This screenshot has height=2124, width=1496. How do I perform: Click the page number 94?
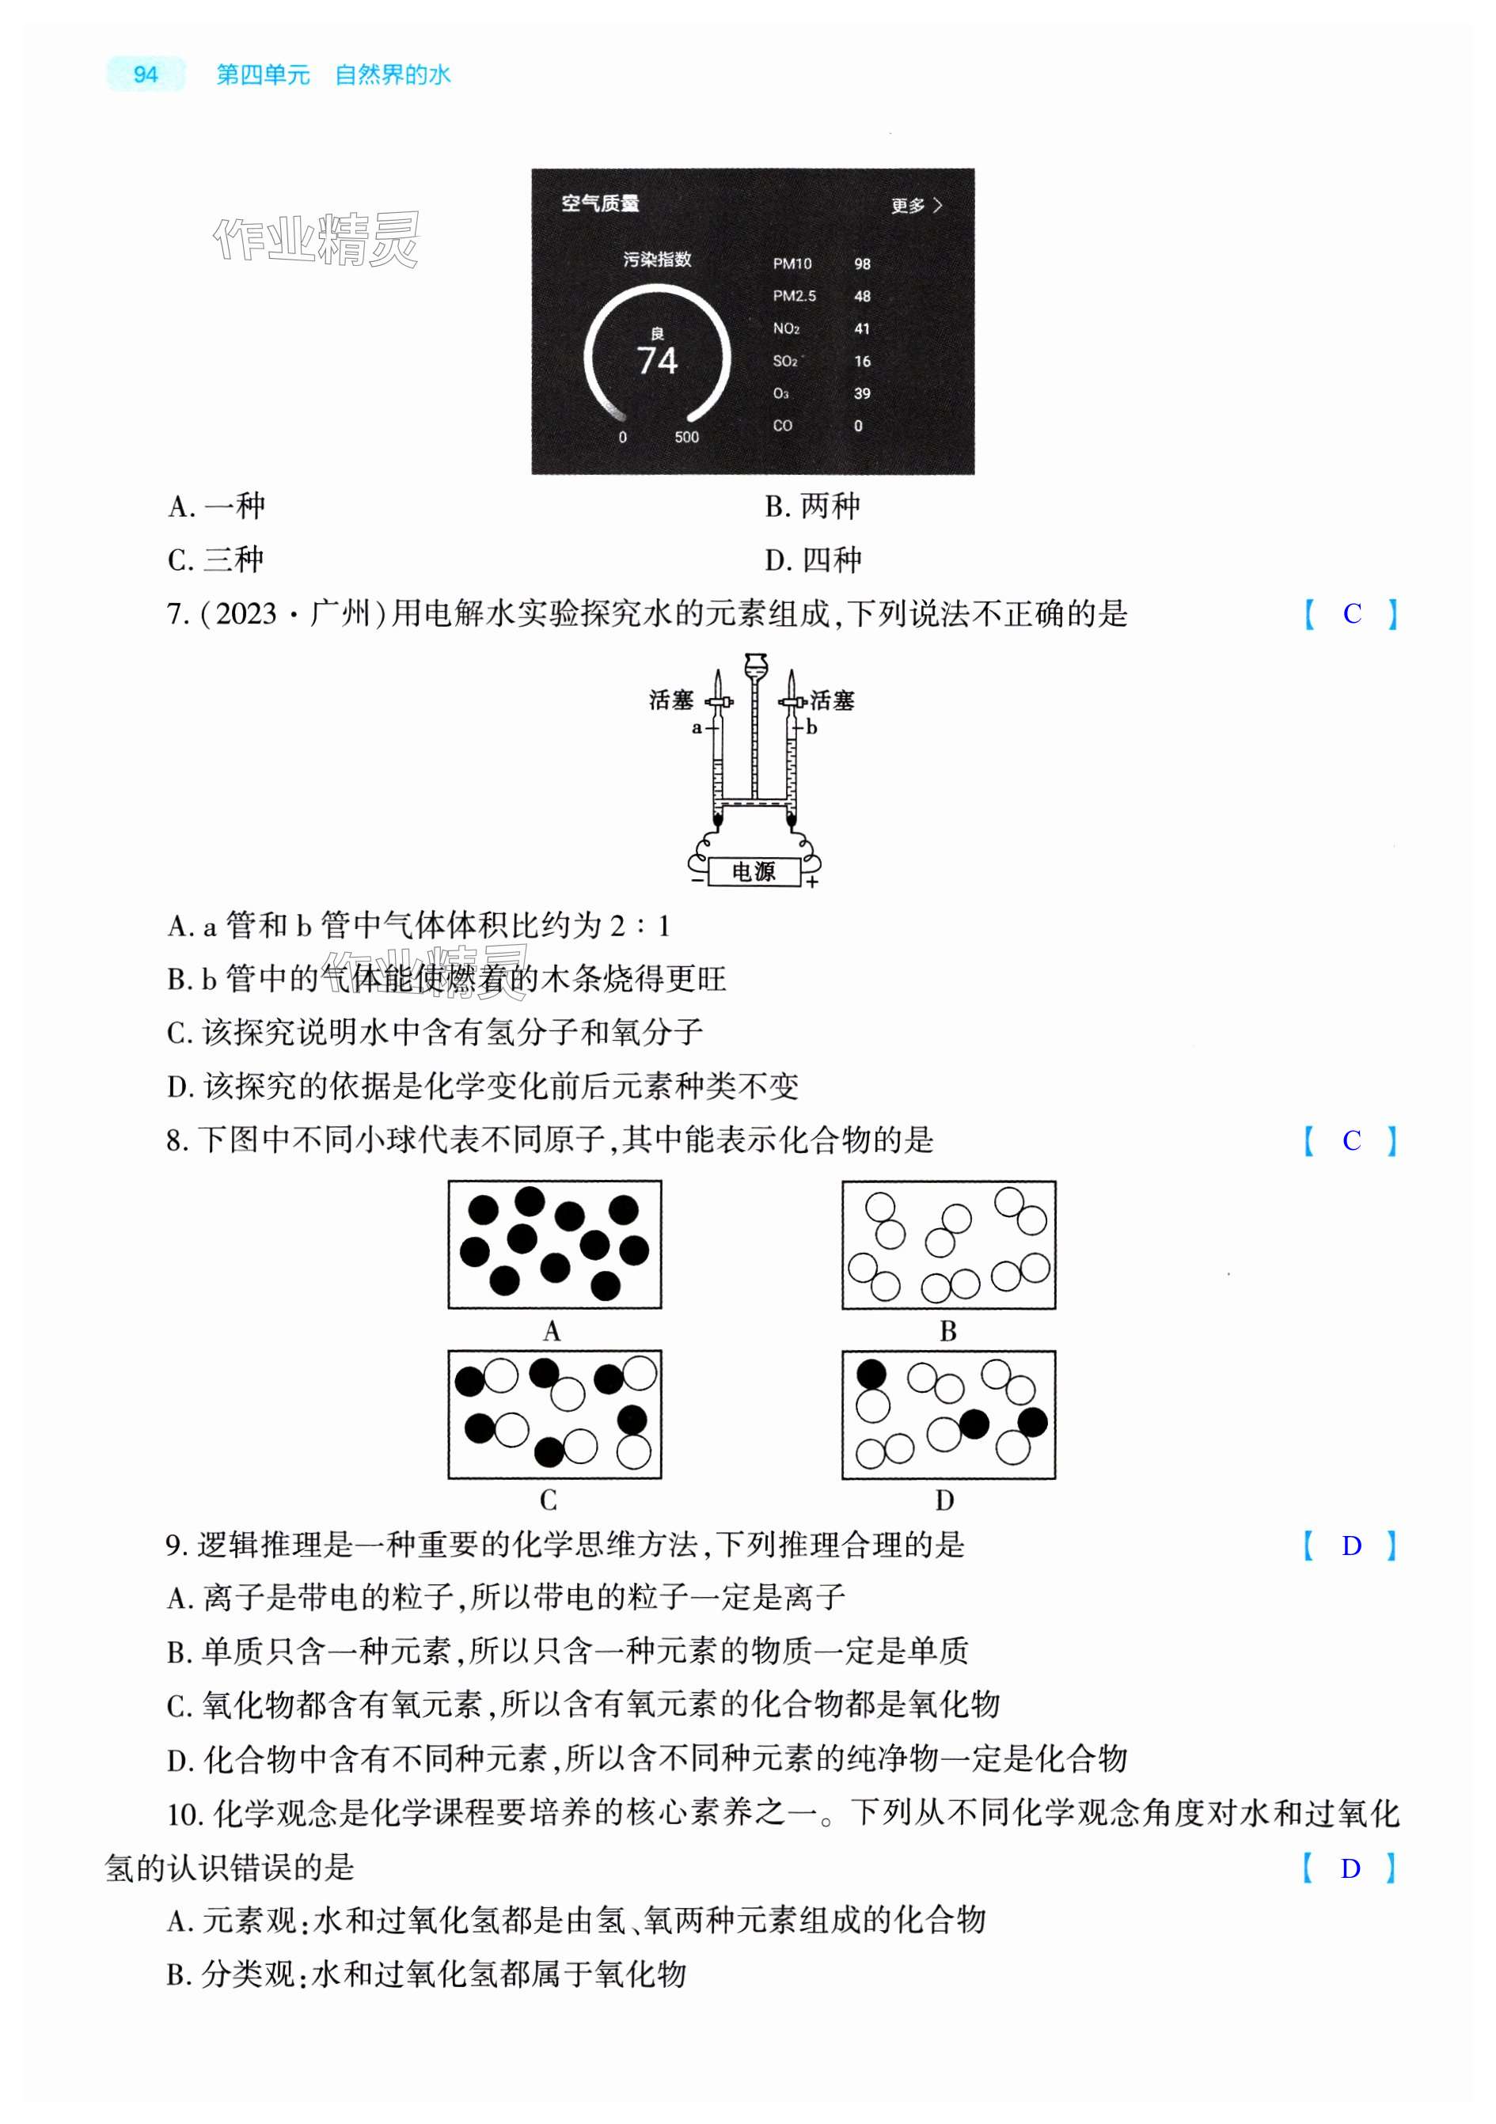tap(146, 75)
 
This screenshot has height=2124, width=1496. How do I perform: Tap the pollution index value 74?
tap(657, 361)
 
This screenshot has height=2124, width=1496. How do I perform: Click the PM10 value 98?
tap(861, 264)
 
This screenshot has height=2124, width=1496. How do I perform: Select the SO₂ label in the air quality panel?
tap(784, 362)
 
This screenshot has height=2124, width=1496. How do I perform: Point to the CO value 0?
tap(858, 427)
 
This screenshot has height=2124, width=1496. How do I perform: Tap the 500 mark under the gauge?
tap(686, 438)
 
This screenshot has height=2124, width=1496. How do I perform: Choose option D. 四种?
tap(812, 560)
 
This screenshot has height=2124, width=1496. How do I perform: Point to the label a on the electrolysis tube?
tap(697, 728)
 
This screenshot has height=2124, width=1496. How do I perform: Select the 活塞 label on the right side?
tap(832, 701)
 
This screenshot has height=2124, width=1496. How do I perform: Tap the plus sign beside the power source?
tap(812, 882)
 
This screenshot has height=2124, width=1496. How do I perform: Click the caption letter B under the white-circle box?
tap(947, 1331)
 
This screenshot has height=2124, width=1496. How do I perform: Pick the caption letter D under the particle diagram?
tap(944, 1500)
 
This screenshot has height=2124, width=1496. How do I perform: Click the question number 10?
tap(184, 1816)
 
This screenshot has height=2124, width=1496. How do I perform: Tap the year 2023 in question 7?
tap(246, 614)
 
